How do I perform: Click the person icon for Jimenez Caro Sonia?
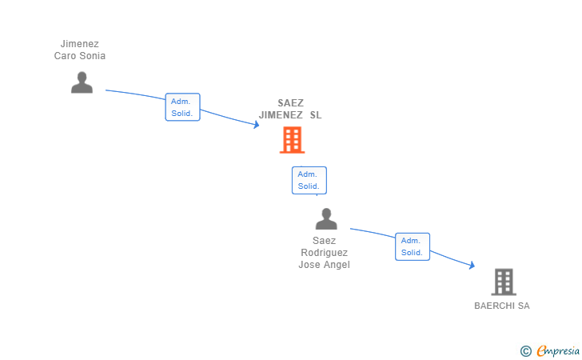click(x=82, y=82)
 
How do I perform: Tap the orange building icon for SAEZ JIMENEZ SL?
click(x=292, y=140)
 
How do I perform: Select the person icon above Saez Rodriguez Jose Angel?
click(x=326, y=219)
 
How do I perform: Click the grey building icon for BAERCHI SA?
click(x=503, y=282)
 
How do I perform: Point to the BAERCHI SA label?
click(x=502, y=306)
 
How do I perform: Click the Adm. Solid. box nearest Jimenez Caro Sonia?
click(x=182, y=107)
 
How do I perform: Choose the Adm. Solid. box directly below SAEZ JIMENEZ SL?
click(x=309, y=180)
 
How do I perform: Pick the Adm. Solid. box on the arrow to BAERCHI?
click(x=412, y=246)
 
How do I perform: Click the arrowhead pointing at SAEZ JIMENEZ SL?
click(x=256, y=124)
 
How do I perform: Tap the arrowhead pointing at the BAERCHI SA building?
click(x=472, y=266)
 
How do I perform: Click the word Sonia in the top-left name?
click(x=92, y=56)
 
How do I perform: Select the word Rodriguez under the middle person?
click(x=325, y=253)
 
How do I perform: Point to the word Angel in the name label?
click(x=337, y=265)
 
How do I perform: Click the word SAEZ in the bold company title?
click(x=291, y=102)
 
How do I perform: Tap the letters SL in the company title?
click(x=316, y=115)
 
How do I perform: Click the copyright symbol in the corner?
click(x=525, y=350)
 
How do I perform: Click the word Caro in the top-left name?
click(x=65, y=56)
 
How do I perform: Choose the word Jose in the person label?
click(x=309, y=265)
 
